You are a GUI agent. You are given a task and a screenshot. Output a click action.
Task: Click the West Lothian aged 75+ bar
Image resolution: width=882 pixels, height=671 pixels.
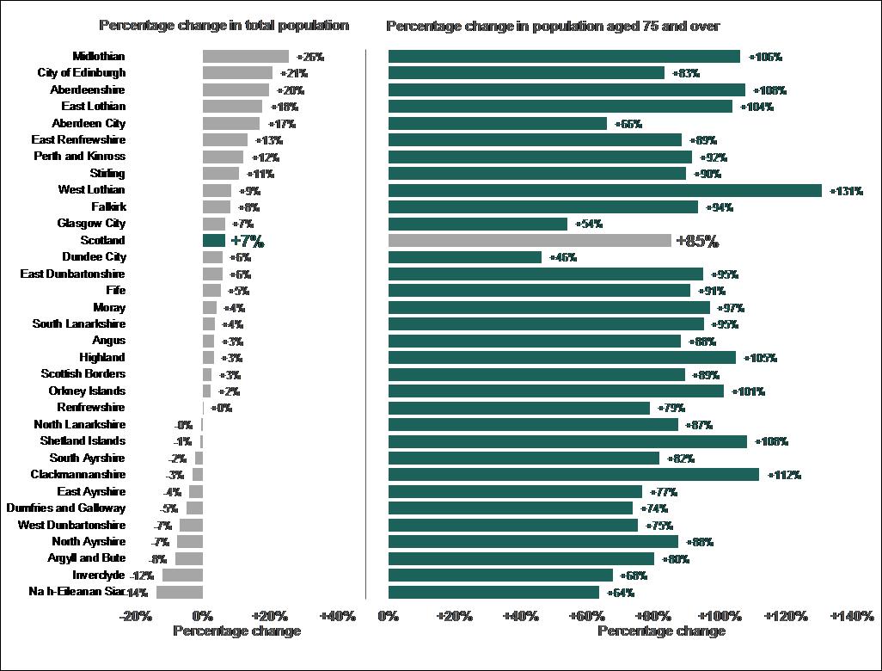[604, 190]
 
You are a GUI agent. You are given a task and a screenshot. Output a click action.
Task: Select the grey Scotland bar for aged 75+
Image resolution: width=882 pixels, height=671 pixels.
[530, 241]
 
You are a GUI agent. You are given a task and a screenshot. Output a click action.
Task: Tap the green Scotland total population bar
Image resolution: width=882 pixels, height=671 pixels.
[214, 241]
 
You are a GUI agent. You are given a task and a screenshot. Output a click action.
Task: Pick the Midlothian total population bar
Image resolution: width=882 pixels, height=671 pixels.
[245, 56]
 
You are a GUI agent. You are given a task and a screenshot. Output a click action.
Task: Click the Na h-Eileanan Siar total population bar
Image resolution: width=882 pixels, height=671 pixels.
[180, 592]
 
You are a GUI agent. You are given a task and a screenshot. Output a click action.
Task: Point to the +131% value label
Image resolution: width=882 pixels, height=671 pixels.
[846, 191]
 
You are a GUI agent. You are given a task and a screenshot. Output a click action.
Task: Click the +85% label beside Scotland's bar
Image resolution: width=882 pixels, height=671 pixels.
[697, 241]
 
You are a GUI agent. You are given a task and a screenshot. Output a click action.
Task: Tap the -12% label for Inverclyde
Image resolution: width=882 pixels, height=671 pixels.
[142, 576]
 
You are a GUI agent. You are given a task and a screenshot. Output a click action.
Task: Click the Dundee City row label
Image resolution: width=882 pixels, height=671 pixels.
[94, 257]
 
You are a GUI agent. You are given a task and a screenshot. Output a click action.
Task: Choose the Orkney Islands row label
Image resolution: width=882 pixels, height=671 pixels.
[87, 391]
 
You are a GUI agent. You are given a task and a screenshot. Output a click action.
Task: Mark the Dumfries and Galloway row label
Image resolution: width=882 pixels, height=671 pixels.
[65, 508]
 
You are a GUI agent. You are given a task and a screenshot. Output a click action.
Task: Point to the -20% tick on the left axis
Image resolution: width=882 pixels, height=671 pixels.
[136, 616]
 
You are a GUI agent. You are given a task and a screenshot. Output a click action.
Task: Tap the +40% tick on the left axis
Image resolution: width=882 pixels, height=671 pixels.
[337, 616]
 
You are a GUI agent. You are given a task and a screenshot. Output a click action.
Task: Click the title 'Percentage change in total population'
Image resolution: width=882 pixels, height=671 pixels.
[224, 26]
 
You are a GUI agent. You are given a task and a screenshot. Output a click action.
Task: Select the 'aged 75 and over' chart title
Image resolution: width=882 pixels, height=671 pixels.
[553, 27]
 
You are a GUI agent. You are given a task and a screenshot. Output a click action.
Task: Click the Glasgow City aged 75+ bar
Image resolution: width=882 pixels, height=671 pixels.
[477, 224]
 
